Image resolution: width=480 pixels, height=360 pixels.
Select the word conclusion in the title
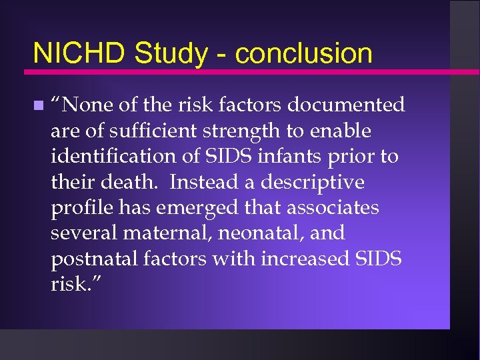[x=304, y=53]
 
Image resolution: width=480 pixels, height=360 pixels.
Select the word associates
[x=333, y=208]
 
